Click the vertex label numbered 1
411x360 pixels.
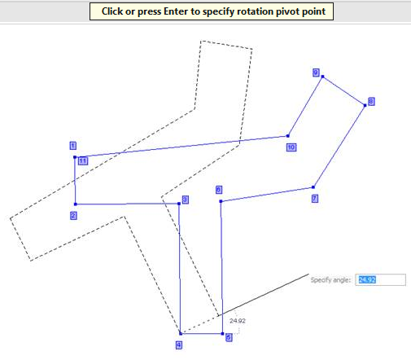coord(73,146)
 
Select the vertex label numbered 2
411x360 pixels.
coord(73,216)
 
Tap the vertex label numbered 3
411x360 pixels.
coord(186,200)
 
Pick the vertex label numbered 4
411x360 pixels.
coord(179,345)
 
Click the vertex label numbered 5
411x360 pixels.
coord(229,337)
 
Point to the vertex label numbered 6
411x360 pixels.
coord(219,190)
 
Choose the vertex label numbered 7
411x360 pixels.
coord(315,199)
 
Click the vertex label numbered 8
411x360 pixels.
coord(371,102)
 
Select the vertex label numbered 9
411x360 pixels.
coord(316,72)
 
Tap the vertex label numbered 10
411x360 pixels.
coord(291,147)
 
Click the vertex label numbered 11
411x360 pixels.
coord(83,161)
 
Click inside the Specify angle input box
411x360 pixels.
coord(380,280)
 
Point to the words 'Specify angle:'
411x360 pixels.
coord(330,280)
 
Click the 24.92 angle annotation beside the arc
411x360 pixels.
coord(238,321)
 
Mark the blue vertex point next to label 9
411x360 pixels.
coord(322,77)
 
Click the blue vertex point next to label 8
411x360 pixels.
coord(365,105)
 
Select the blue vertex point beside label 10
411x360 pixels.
coord(288,136)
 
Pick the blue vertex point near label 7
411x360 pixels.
coord(313,187)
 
